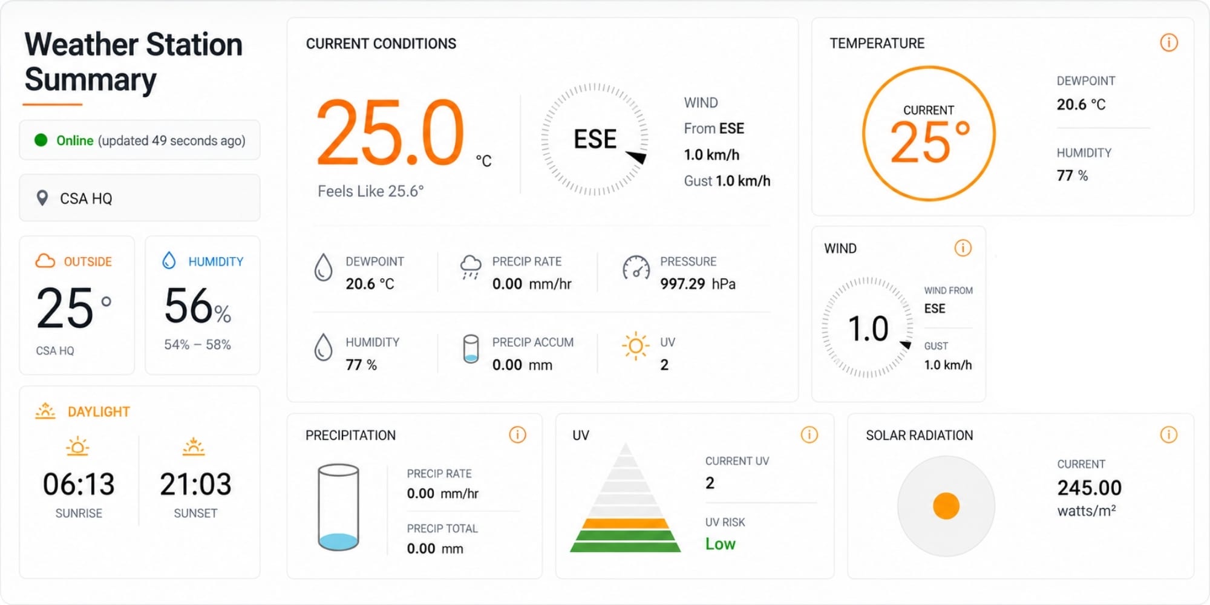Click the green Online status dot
coord(41,140)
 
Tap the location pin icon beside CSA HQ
coord(42,198)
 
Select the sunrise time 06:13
coord(79,484)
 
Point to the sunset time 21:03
coord(195,484)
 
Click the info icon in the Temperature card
coord(1169,43)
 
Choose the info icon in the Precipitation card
coord(517,434)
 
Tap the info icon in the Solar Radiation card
coord(1169,434)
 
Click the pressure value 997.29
coord(682,284)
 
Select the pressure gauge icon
coord(636,269)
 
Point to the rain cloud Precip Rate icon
coord(471,267)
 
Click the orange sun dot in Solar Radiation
coord(946,506)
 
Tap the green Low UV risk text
coord(721,544)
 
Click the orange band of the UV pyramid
coord(626,523)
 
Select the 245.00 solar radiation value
coord(1090,488)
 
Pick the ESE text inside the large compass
coord(595,139)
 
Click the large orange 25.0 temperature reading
coord(391,132)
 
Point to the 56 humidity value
coord(189,306)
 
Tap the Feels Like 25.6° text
coord(371,191)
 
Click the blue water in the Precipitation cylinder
coord(338,541)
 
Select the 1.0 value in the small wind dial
coord(868,329)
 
